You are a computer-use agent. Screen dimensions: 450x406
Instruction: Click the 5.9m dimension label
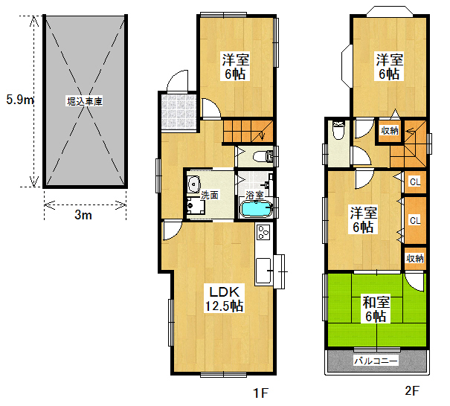[20, 100]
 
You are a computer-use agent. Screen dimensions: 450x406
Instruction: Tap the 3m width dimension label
[83, 215]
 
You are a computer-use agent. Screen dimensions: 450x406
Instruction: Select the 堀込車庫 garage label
[85, 101]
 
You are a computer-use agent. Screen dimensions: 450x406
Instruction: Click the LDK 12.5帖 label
[224, 299]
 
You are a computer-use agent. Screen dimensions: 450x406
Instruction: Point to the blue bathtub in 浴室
[256, 208]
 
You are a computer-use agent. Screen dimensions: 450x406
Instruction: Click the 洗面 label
[209, 196]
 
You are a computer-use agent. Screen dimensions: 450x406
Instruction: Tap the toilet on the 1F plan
[263, 156]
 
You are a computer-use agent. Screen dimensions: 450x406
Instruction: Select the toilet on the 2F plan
[338, 129]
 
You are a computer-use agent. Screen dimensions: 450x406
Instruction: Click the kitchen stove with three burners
[263, 232]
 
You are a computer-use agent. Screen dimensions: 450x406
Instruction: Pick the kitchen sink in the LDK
[263, 270]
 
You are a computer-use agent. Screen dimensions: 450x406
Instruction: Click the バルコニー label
[376, 361]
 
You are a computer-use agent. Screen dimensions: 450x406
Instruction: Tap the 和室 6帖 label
[376, 309]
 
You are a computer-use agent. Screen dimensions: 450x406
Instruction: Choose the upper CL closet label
[415, 181]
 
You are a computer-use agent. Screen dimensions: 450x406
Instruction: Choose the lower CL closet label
[415, 220]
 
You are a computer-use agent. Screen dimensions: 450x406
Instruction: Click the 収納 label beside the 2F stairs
[390, 131]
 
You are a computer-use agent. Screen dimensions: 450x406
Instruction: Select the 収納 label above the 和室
[415, 259]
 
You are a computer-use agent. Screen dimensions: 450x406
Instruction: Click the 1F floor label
[260, 393]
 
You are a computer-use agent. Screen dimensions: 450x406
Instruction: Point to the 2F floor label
[412, 391]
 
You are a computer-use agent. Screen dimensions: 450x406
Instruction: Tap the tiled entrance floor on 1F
[179, 112]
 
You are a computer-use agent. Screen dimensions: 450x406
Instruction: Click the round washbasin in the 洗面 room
[193, 184]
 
